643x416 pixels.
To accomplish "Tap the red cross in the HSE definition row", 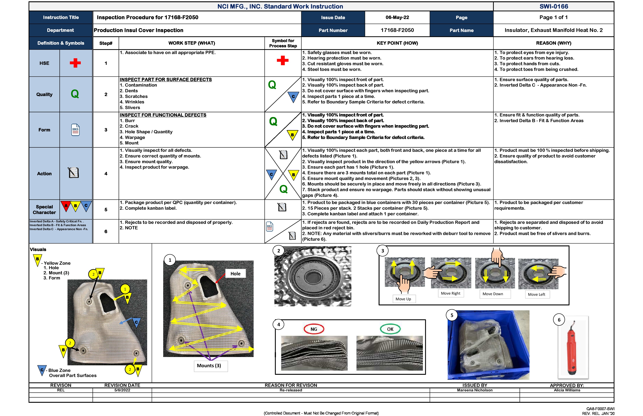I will (x=75, y=63).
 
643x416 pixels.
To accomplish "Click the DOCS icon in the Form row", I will (x=75, y=130).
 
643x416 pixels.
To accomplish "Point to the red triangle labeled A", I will (x=66, y=206).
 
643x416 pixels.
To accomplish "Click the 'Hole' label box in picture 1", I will (x=235, y=274).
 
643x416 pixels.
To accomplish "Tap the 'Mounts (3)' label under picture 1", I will (x=209, y=366).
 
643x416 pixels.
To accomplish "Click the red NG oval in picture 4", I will (x=314, y=329).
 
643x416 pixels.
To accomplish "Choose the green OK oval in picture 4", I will (x=390, y=329).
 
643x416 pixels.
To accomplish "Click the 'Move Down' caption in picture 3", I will (x=493, y=294).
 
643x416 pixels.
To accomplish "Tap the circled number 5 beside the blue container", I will (x=452, y=315).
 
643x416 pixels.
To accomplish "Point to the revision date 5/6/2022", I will (x=122, y=390).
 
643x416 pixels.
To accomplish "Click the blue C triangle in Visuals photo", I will (x=136, y=322).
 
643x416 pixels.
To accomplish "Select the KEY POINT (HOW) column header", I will (x=397, y=43).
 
